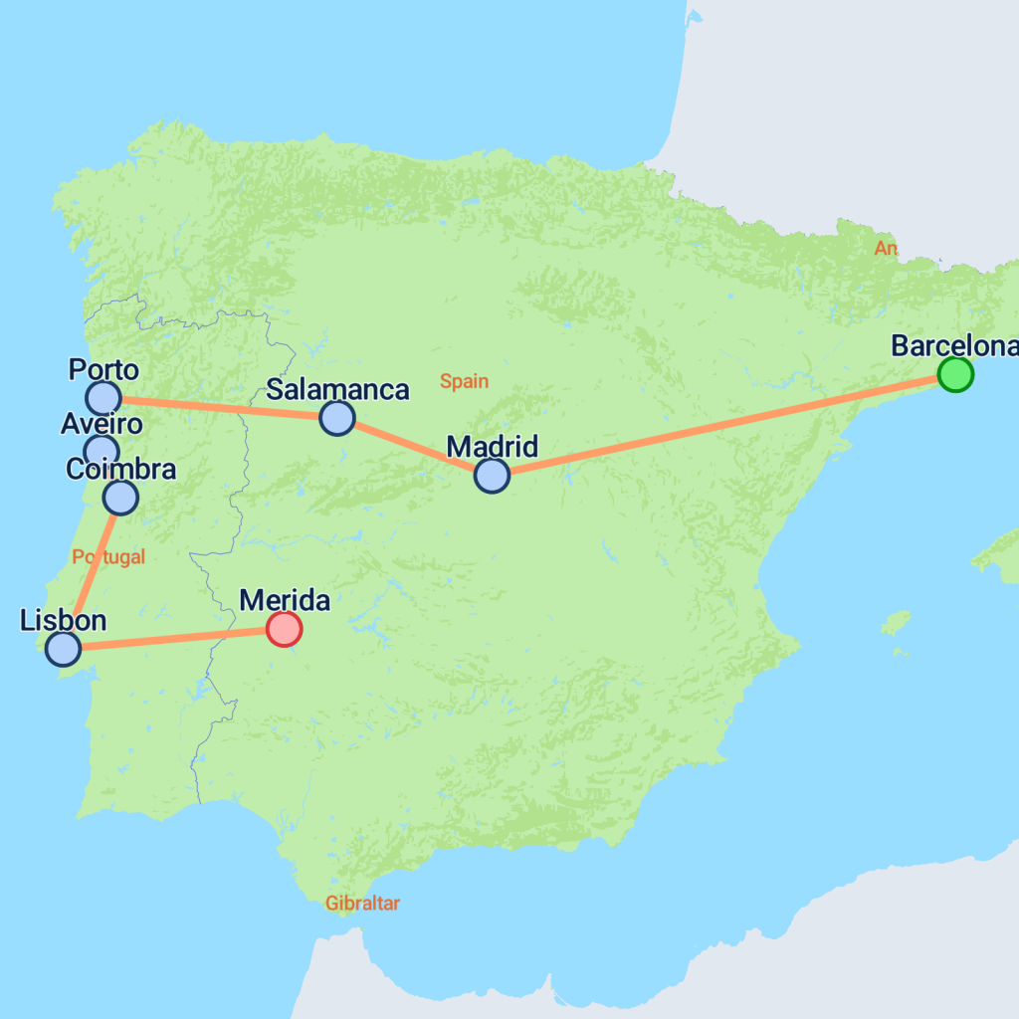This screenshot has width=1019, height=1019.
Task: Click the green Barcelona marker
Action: click(x=955, y=375)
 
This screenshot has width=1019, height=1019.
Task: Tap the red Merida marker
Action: click(x=284, y=629)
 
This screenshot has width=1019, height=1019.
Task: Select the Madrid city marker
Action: click(x=492, y=476)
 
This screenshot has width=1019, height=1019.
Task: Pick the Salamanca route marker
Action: click(x=337, y=418)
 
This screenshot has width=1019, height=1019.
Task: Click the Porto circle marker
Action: click(x=102, y=398)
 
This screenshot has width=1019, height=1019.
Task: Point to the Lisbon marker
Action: click(x=63, y=649)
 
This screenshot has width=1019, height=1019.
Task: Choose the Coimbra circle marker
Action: click(x=120, y=496)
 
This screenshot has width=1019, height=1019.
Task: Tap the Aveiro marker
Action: click(x=101, y=451)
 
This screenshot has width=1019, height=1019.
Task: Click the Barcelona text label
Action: click(x=953, y=345)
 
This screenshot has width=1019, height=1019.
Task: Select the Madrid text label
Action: click(x=492, y=446)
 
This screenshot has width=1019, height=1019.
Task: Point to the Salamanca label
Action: click(x=337, y=389)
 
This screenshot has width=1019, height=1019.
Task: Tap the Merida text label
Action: click(x=285, y=600)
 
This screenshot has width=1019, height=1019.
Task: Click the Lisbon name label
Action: click(x=63, y=621)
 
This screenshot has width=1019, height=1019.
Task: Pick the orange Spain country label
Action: click(x=465, y=381)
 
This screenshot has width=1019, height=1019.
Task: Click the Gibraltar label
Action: click(x=362, y=904)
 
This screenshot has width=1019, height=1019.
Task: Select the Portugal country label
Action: click(x=108, y=557)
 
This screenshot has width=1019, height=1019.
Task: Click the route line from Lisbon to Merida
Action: click(x=173, y=639)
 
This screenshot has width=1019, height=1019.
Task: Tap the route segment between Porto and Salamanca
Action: click(x=220, y=408)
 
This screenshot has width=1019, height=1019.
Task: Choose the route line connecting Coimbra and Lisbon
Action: click(x=92, y=572)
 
